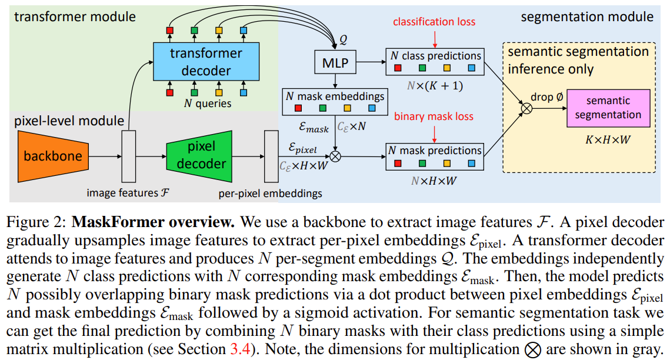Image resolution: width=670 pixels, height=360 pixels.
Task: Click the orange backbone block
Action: (x=53, y=156)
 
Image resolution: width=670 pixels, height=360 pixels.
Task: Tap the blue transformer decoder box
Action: (x=206, y=61)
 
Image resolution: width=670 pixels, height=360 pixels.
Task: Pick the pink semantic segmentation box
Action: (x=608, y=108)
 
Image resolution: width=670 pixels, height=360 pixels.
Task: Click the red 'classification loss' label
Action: (x=436, y=23)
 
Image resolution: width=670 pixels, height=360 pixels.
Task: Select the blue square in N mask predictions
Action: (x=471, y=164)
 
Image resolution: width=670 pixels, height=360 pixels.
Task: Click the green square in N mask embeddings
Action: (x=322, y=108)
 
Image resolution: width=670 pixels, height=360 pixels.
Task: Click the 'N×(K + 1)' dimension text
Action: (x=435, y=85)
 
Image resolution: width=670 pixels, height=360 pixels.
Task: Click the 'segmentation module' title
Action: (x=587, y=16)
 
